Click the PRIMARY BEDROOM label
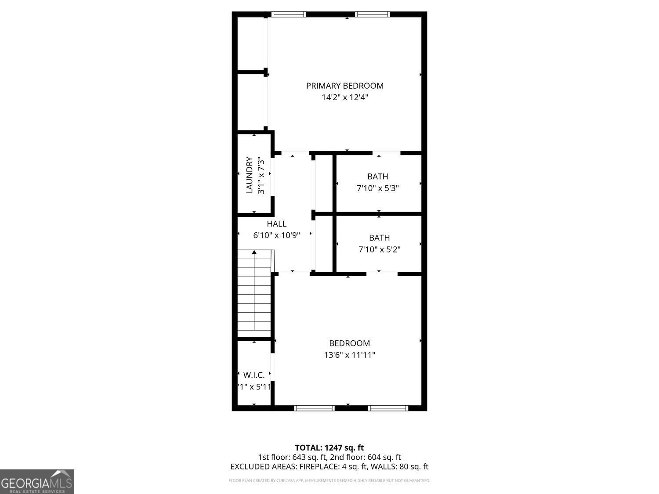tap(344, 86)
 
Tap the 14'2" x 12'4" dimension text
tap(344, 97)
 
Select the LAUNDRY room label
tap(250, 175)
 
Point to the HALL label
tap(276, 224)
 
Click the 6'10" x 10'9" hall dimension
tap(276, 235)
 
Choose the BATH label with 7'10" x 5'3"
tap(377, 177)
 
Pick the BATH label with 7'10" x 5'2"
tap(379, 238)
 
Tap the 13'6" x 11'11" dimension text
tap(349, 355)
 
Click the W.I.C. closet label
tap(254, 375)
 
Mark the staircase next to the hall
tap(254, 294)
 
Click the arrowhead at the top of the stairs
tap(254, 252)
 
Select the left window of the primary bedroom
tap(289, 14)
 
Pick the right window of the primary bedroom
tap(372, 14)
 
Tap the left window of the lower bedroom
tap(314, 408)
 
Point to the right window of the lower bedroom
tap(388, 408)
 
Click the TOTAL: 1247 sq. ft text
tap(329, 448)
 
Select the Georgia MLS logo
tap(37, 482)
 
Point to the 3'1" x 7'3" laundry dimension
tap(261, 175)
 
